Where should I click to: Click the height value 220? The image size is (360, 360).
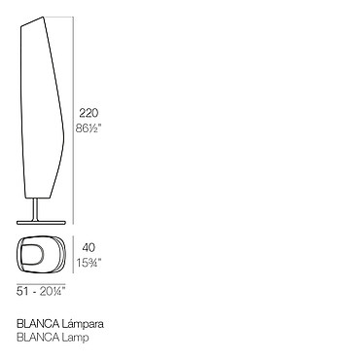click(x=89, y=113)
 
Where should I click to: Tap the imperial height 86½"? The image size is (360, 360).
click(x=89, y=128)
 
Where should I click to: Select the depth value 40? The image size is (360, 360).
click(x=89, y=248)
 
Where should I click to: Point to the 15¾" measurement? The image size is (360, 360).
click(x=89, y=262)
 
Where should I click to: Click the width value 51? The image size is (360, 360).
click(x=22, y=291)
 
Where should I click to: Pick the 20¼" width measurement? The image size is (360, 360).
click(x=53, y=291)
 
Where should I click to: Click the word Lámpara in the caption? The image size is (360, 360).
click(x=83, y=324)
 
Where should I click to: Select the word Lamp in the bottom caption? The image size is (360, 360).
click(x=75, y=338)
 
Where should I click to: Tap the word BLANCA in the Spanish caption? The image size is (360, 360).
click(x=38, y=324)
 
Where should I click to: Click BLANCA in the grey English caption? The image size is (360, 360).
click(x=38, y=338)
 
